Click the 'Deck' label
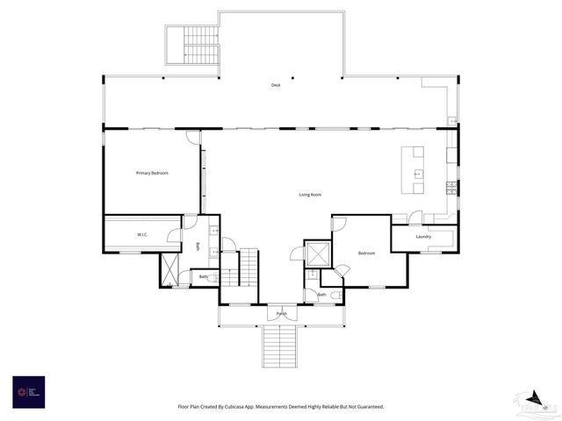276,85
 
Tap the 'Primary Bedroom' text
151,173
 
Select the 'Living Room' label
310,195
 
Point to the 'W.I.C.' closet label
142,235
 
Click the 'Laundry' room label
423,236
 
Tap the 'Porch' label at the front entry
281,313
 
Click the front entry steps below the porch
281,346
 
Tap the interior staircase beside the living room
249,267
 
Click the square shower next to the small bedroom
317,253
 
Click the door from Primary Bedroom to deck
192,138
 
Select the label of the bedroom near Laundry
366,253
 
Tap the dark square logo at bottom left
28,391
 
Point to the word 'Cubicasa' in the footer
236,407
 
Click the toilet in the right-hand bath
335,295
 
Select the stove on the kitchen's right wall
451,187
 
